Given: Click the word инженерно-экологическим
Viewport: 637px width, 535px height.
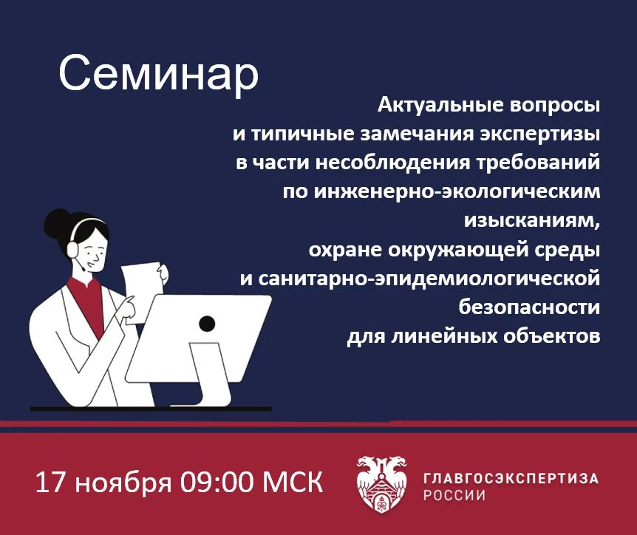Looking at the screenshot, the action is [x=457, y=191].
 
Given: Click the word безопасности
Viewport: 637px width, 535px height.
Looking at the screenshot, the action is [x=529, y=307].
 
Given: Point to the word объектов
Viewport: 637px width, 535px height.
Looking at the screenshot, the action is [x=551, y=336].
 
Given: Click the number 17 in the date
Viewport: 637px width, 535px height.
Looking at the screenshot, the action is [x=50, y=483].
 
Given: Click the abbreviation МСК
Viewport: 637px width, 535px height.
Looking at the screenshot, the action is [x=293, y=483].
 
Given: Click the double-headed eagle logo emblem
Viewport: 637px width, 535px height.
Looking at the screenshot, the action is [x=382, y=484].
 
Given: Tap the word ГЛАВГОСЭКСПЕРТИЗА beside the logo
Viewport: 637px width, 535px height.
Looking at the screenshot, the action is [x=511, y=478].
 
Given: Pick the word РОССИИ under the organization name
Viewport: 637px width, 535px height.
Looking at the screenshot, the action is [x=454, y=496].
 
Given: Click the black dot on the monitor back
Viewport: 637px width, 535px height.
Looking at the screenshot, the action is [x=207, y=324].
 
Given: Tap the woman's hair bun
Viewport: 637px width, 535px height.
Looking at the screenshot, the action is [x=56, y=222].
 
